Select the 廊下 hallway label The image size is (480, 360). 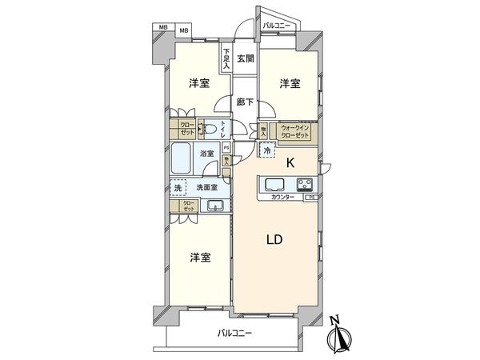tap(245, 102)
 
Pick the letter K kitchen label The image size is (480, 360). tap(290, 162)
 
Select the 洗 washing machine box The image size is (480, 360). tap(178, 187)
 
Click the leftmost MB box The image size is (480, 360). tap(163, 30)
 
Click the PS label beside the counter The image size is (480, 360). tap(312, 197)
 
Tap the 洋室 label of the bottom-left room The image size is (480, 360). tap(201, 257)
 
